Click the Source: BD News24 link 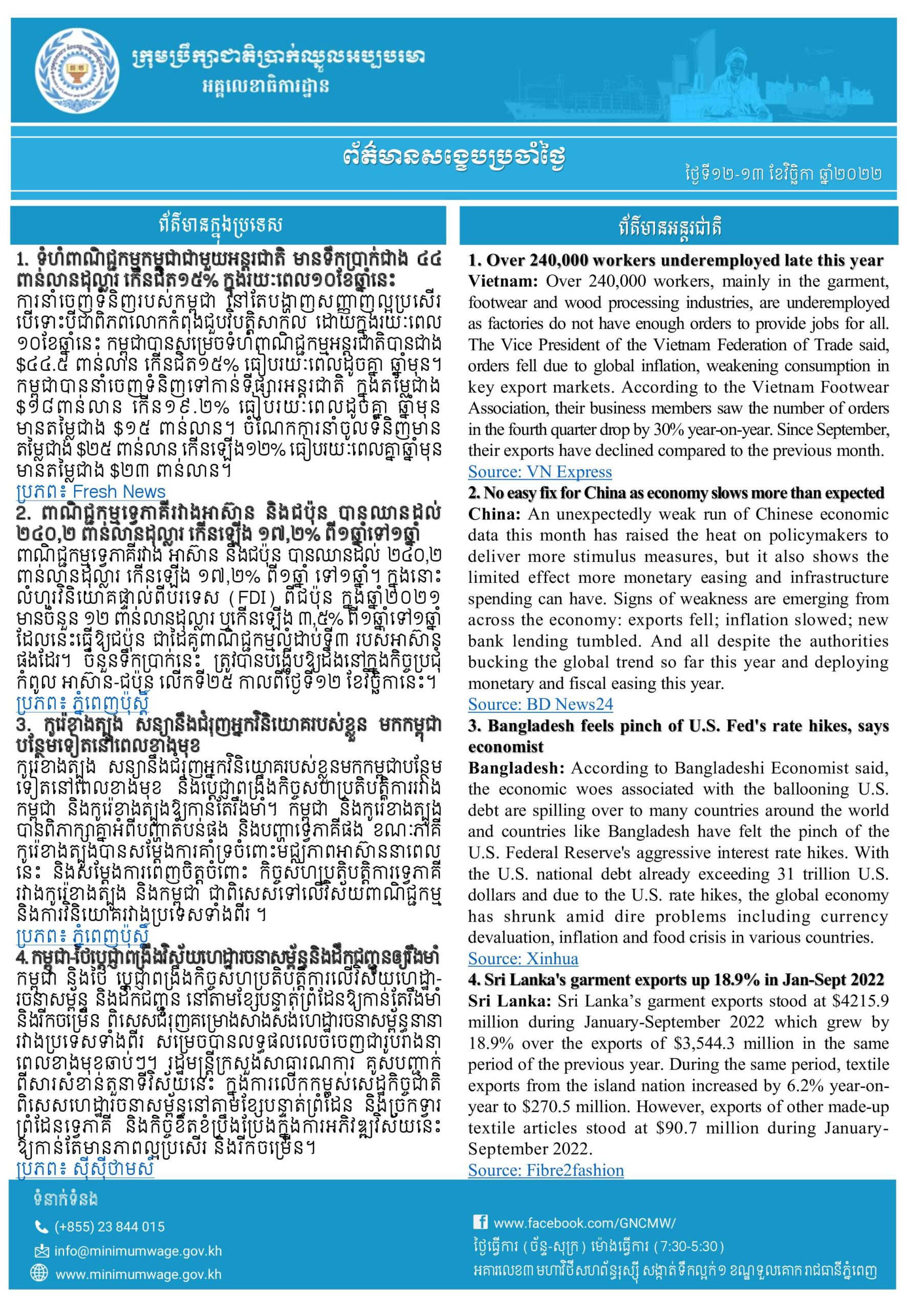540,705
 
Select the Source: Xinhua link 523,959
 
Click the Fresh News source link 119,491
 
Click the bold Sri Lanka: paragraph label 509,1001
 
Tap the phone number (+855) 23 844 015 109,1227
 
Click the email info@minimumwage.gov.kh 138,1251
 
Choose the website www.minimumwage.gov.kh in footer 138,1274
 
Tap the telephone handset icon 41,1227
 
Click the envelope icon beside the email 41,1251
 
